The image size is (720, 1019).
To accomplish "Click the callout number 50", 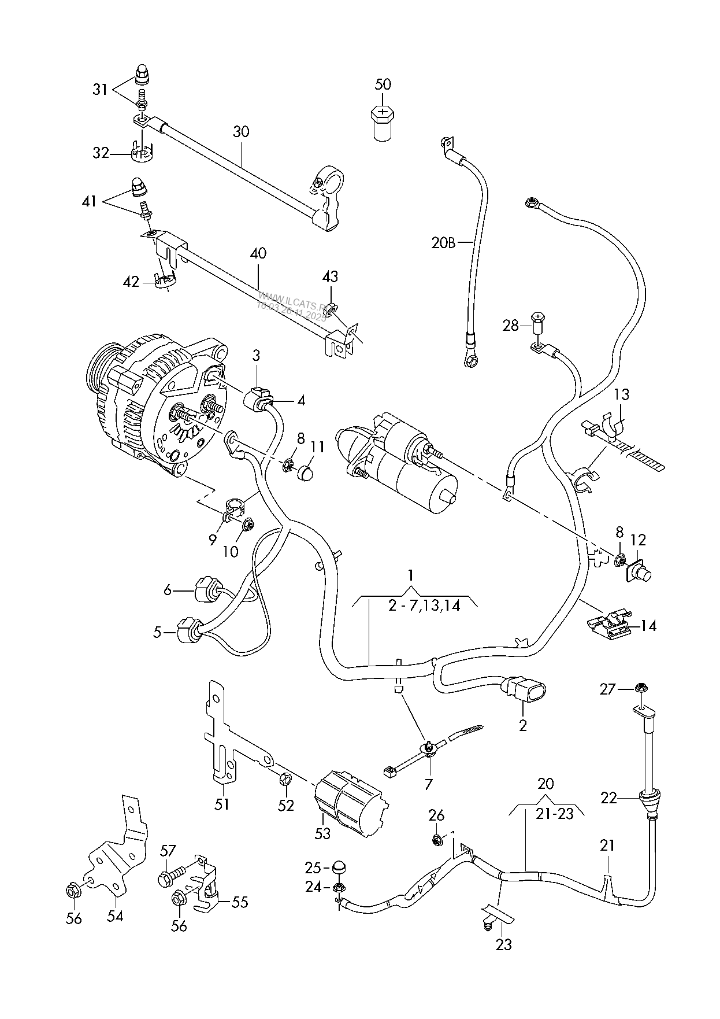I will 383,84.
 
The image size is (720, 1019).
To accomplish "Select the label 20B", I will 443,243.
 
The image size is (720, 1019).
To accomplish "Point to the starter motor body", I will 404,463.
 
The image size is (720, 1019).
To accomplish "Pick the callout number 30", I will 241,131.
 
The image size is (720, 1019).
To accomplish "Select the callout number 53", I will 322,833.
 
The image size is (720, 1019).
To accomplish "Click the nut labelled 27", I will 640,688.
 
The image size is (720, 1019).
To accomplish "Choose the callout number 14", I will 649,626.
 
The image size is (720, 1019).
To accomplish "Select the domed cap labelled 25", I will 340,867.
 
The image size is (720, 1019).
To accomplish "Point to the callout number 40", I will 258,253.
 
